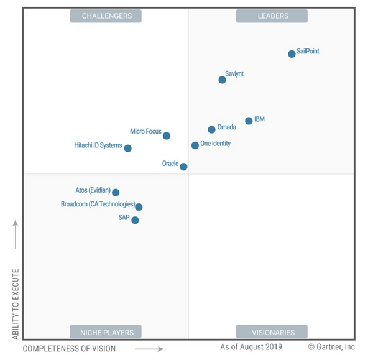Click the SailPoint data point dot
tap(292, 54)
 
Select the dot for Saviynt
tap(222, 80)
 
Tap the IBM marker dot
tap(249, 121)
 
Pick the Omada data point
tap(211, 129)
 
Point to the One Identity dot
tap(195, 145)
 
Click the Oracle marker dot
tap(183, 166)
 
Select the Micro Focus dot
tap(166, 136)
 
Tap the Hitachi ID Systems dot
tap(127, 149)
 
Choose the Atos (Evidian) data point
tap(116, 193)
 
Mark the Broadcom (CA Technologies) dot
tap(139, 207)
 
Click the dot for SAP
tap(135, 220)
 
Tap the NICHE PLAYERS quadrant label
tap(106, 331)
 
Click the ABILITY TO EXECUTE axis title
tap(16, 303)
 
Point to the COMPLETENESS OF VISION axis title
tap(69, 348)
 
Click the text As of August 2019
tap(251, 346)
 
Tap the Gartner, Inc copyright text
tap(331, 346)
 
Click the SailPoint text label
tap(308, 51)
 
